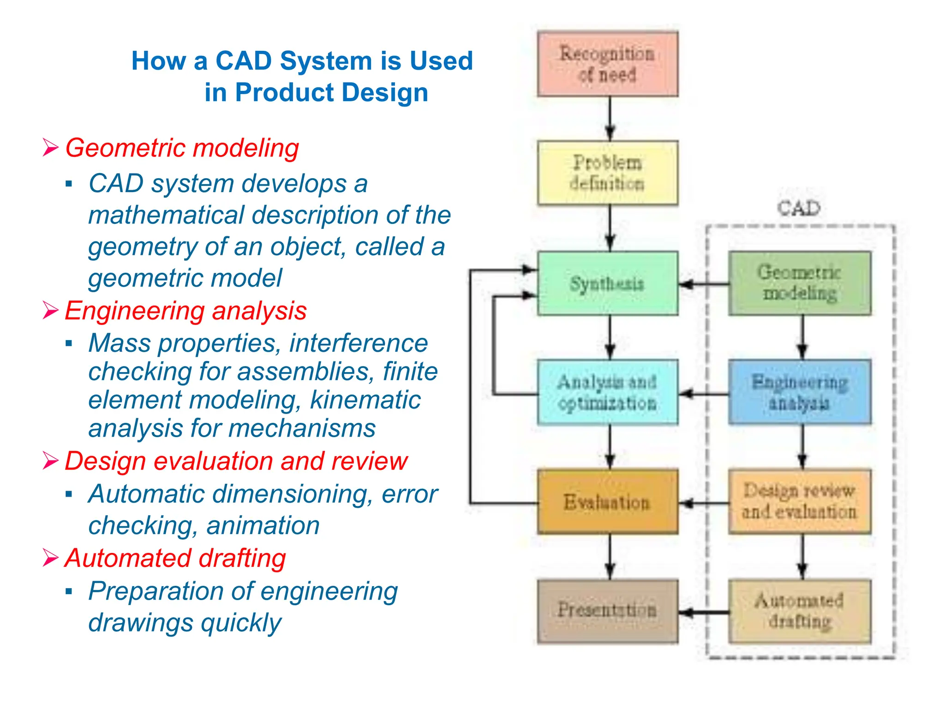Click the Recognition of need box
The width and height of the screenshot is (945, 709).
point(607,64)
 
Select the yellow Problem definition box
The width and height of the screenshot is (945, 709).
point(607,173)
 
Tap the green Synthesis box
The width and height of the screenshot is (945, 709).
point(607,283)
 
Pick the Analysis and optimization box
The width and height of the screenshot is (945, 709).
point(607,392)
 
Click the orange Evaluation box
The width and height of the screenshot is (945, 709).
point(607,502)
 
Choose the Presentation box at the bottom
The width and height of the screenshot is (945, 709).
point(607,610)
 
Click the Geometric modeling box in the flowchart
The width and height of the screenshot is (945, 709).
point(800,283)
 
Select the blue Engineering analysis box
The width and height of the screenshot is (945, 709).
point(800,392)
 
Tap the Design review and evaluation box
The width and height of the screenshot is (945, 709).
point(800,502)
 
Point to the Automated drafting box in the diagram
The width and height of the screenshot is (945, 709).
point(800,611)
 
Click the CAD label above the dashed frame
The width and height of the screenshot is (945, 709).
point(799,209)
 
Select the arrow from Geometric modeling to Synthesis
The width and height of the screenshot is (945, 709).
point(703,284)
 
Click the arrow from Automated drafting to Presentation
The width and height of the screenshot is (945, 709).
point(703,613)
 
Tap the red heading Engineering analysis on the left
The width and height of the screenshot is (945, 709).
point(185,311)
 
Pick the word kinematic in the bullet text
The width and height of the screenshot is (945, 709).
point(365,400)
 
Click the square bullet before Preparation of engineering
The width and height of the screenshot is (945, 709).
point(69,591)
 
